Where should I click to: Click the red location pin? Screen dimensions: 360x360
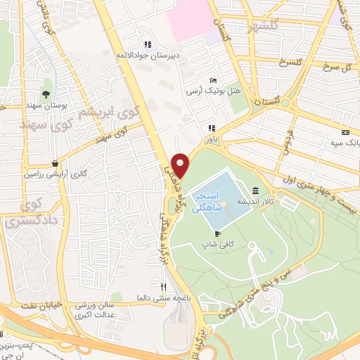(x=181, y=165)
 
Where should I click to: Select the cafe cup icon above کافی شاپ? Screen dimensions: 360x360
(x=217, y=233)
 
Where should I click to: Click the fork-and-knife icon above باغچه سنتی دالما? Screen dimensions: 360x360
(x=163, y=287)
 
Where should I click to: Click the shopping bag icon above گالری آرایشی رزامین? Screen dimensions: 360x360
(x=54, y=163)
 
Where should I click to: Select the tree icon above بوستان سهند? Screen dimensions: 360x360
(x=46, y=93)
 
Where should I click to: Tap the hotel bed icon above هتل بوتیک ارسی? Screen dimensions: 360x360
(x=213, y=80)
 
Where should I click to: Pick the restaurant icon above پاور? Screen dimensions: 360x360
(x=210, y=128)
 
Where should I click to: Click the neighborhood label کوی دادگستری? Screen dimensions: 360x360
(x=24, y=210)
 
